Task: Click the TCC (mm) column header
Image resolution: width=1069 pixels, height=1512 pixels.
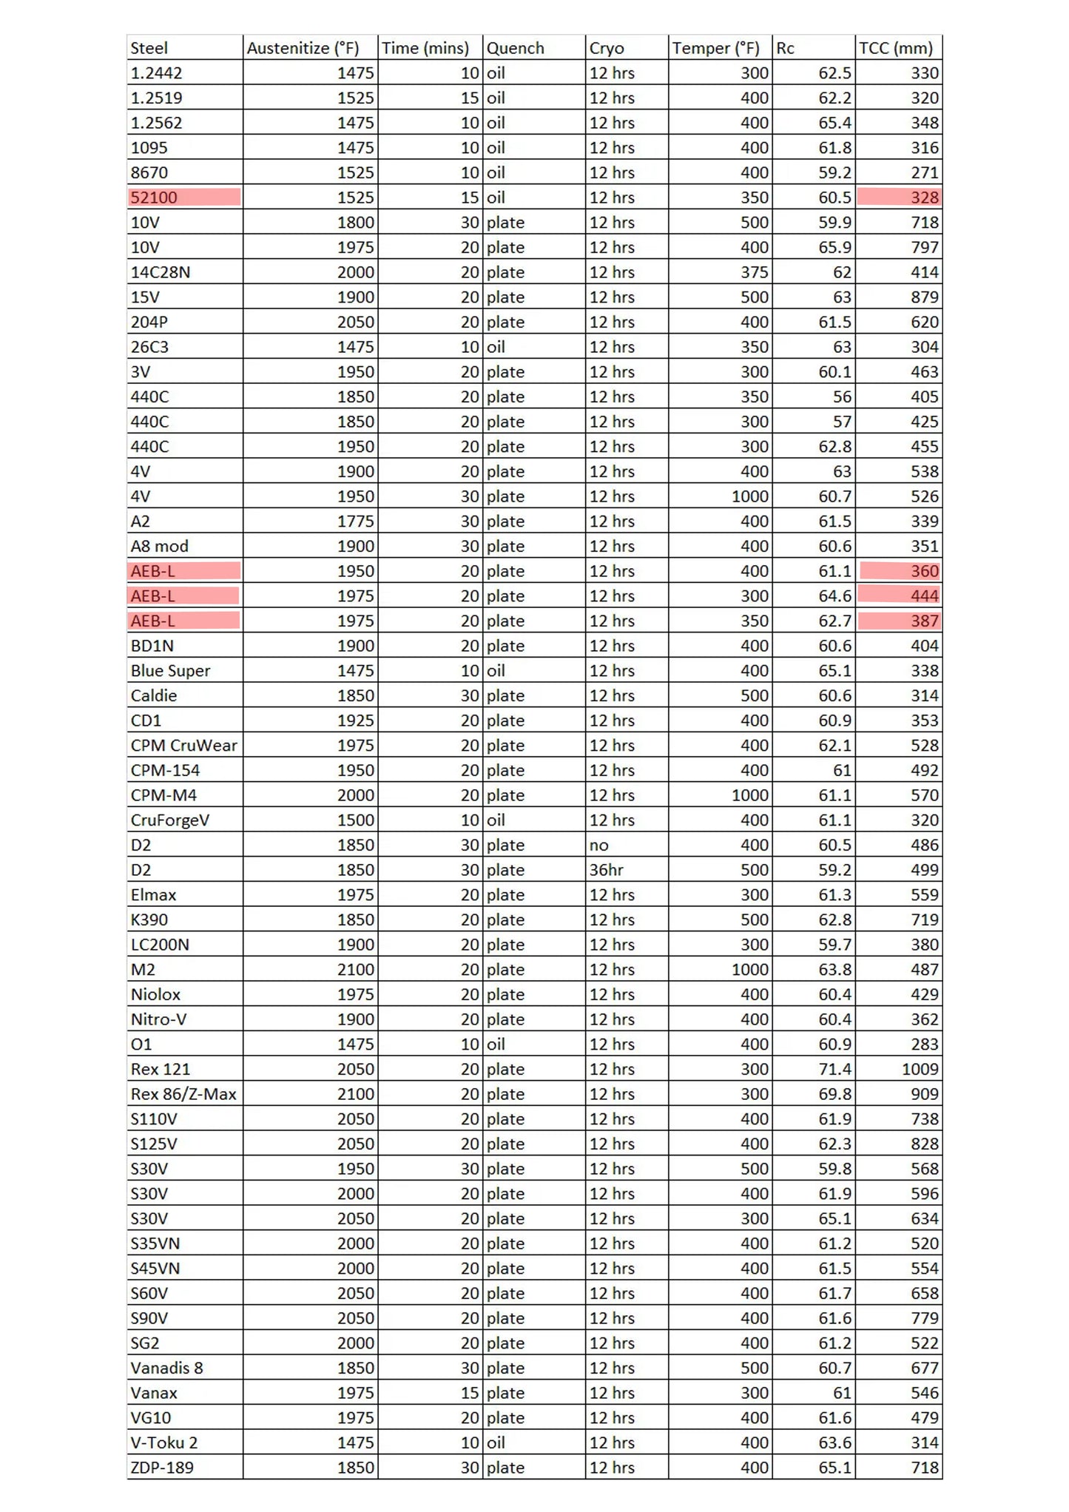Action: coord(895,48)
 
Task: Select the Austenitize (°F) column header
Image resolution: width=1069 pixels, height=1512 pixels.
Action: coord(303,48)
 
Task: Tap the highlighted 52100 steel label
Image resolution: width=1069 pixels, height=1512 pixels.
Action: coord(155,198)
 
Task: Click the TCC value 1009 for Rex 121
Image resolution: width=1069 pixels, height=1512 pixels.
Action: coord(920,1069)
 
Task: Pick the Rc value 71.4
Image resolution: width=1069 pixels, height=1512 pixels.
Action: coord(834,1069)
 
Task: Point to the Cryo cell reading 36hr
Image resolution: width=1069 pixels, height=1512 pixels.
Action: coord(606,870)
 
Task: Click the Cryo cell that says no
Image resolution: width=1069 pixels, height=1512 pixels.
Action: coord(598,845)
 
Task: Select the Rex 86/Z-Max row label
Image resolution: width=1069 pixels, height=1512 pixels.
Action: coord(183,1094)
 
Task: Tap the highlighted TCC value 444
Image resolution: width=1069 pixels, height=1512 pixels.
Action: coord(924,595)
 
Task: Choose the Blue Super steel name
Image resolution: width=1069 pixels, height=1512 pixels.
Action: coord(170,671)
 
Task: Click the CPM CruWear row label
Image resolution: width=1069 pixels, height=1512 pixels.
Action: coord(183,746)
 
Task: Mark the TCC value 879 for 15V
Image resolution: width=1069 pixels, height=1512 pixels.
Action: coord(924,297)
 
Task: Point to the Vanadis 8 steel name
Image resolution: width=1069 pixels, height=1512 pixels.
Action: coord(166,1368)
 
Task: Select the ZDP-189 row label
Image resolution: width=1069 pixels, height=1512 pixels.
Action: coord(162,1468)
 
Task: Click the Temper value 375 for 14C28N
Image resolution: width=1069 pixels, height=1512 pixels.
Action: coord(755,272)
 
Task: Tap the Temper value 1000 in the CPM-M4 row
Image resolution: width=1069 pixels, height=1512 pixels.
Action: coord(750,795)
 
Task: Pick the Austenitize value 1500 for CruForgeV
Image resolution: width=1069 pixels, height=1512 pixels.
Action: coord(355,820)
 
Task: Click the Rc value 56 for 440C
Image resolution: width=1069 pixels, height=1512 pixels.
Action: coord(842,397)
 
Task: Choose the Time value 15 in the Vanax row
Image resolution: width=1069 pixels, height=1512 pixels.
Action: coord(470,1393)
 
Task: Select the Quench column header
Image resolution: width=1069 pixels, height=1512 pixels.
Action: coord(515,48)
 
